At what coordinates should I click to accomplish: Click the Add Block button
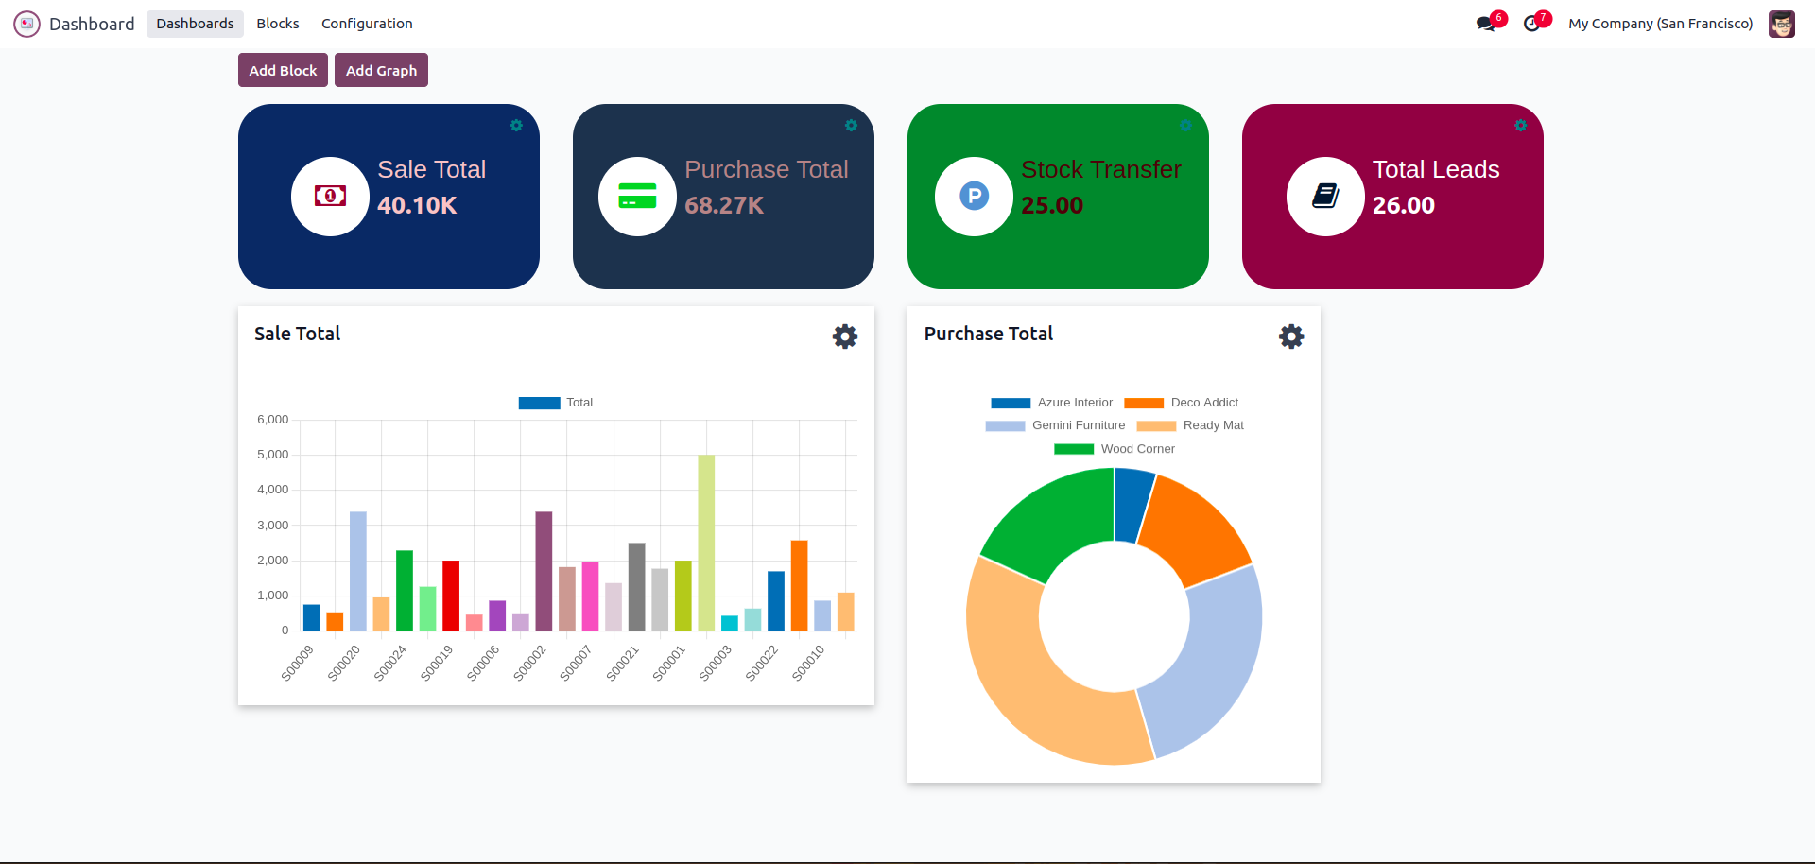tap(283, 70)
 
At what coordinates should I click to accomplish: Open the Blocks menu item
tap(277, 24)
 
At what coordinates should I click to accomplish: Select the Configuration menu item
tap(367, 24)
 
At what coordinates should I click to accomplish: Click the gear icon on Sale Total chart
tap(844, 337)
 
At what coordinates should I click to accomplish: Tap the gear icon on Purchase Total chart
tap(1291, 337)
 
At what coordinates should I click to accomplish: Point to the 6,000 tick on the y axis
tap(272, 420)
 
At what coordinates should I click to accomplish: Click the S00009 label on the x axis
tap(297, 663)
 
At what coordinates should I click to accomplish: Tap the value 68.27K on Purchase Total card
tap(723, 205)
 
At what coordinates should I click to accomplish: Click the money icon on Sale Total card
tap(330, 197)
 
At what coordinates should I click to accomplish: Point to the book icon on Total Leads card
tap(1325, 197)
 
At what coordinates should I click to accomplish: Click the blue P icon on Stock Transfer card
tap(974, 197)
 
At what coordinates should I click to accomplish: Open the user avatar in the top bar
tap(1781, 24)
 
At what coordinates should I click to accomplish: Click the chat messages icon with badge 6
tap(1486, 24)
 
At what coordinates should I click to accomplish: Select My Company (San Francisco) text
tap(1660, 24)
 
